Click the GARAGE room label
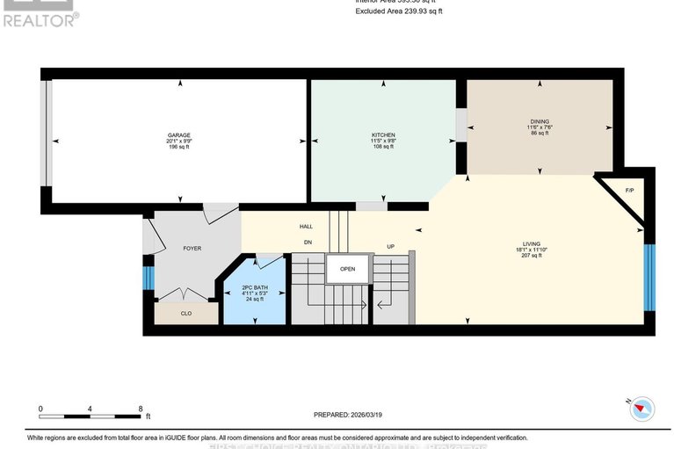click(178, 135)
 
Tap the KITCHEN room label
click(383, 135)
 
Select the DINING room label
click(540, 122)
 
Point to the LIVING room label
click(531, 243)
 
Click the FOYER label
click(192, 249)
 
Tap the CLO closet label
click(185, 312)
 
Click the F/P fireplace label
click(629, 191)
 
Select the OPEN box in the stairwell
click(348, 269)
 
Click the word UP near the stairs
click(391, 247)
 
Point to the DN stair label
click(307, 242)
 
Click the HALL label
click(306, 227)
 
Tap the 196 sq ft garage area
click(178, 148)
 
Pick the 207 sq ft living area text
click(531, 257)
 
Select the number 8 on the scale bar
click(140, 409)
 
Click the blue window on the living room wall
click(649, 277)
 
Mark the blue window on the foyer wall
click(149, 279)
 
